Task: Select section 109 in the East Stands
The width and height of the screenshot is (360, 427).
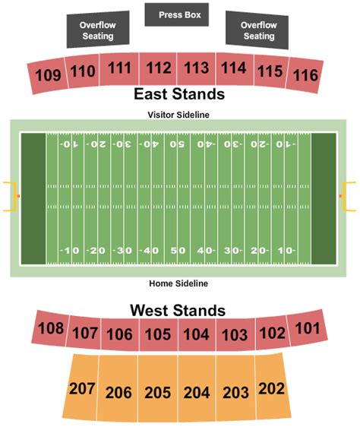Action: [48, 75]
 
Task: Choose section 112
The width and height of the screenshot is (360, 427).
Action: [159, 69]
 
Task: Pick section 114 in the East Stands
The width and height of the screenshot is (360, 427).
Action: [233, 68]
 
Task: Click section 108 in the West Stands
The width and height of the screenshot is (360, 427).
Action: [50, 329]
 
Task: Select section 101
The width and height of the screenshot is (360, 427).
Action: [308, 328]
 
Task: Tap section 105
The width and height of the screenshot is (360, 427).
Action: [159, 334]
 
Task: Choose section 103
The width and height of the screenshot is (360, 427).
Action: [235, 334]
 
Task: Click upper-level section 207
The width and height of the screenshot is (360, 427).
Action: [83, 389]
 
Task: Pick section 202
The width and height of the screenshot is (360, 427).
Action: [270, 388]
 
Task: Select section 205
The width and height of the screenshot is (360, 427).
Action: [158, 393]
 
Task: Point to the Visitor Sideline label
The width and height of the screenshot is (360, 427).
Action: [178, 114]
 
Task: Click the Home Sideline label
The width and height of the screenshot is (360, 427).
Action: [178, 283]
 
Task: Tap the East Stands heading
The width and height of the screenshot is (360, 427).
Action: [179, 95]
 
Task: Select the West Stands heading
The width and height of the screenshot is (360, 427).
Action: [178, 310]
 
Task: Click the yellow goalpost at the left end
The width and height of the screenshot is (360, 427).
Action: [11, 198]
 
